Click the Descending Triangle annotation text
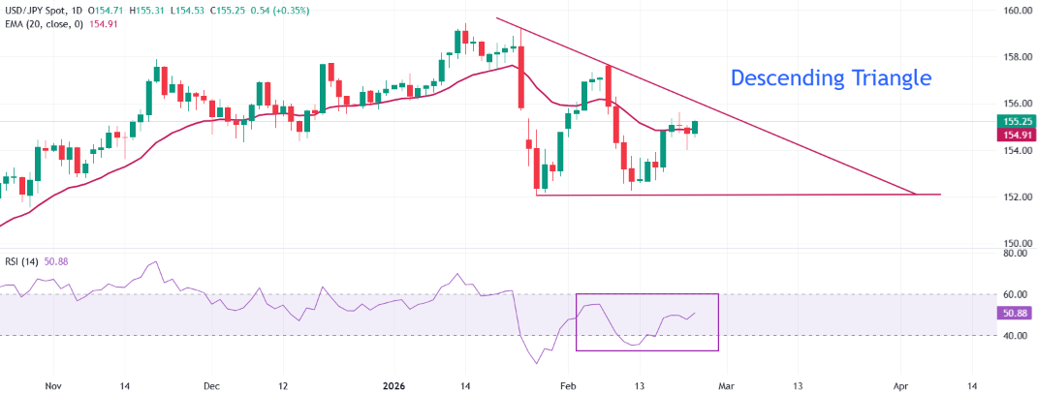click(x=830, y=77)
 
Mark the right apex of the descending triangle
click(x=916, y=195)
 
